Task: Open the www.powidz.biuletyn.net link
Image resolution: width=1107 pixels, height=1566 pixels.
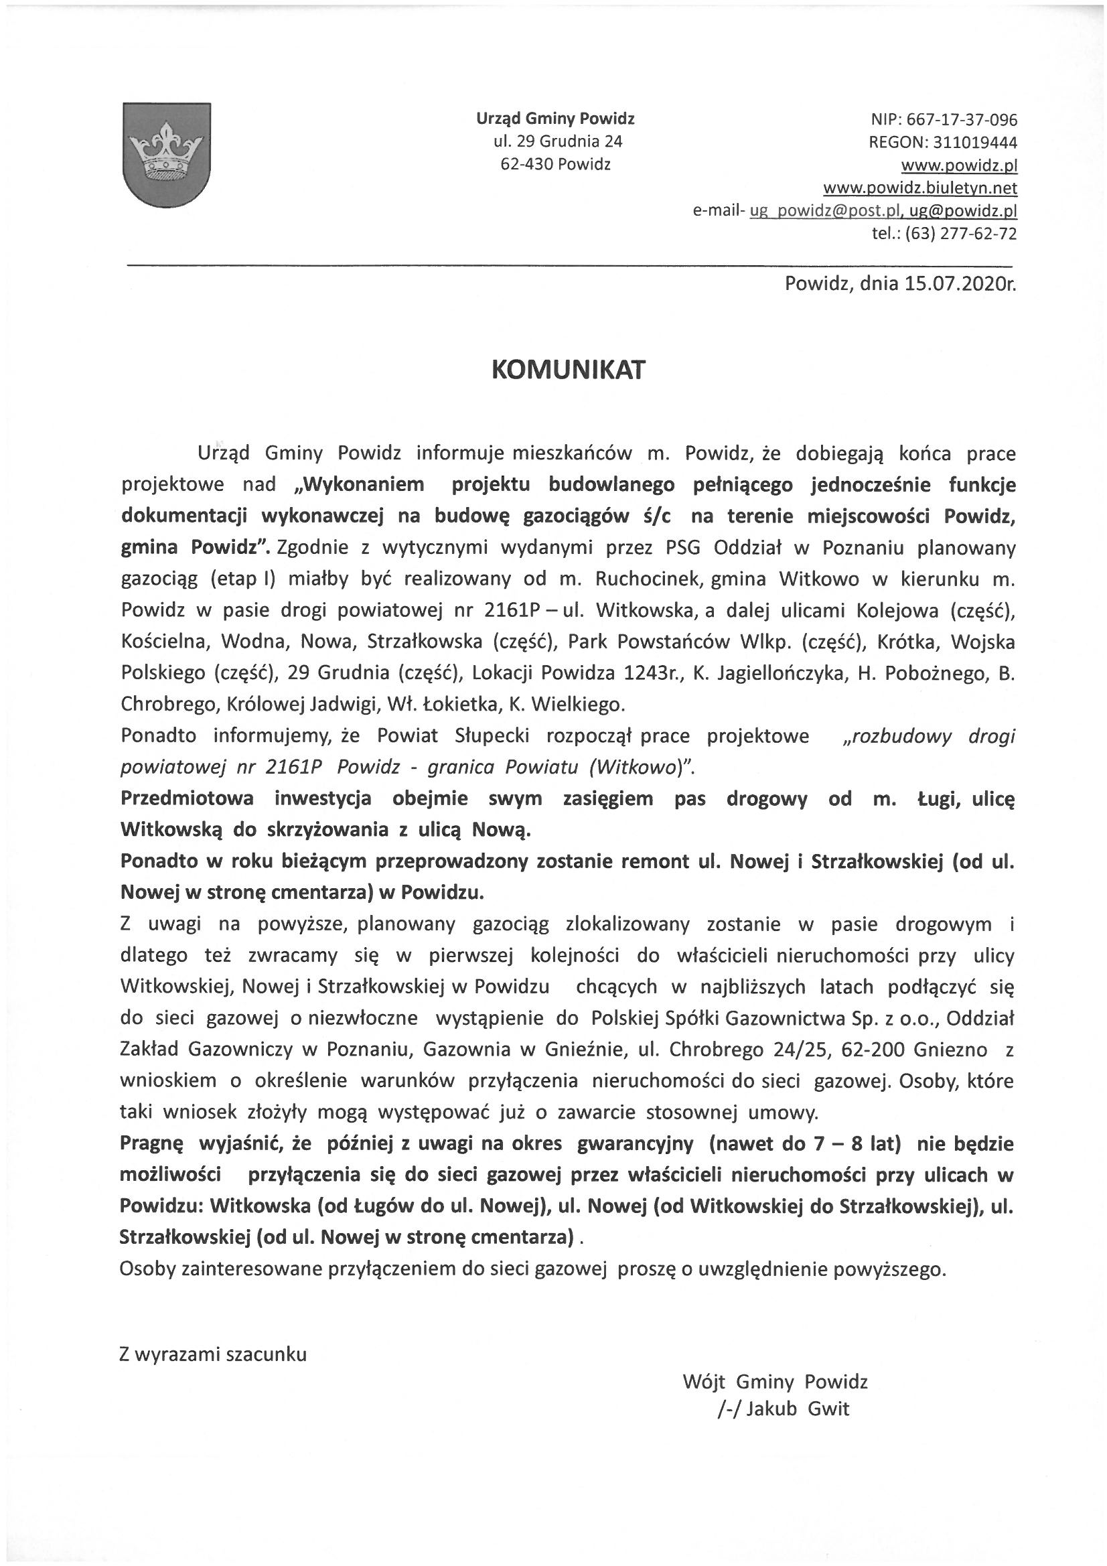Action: click(x=920, y=188)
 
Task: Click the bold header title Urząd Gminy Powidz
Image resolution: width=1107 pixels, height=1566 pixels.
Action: click(x=555, y=119)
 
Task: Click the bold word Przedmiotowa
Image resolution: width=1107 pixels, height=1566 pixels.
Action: click(x=188, y=798)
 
